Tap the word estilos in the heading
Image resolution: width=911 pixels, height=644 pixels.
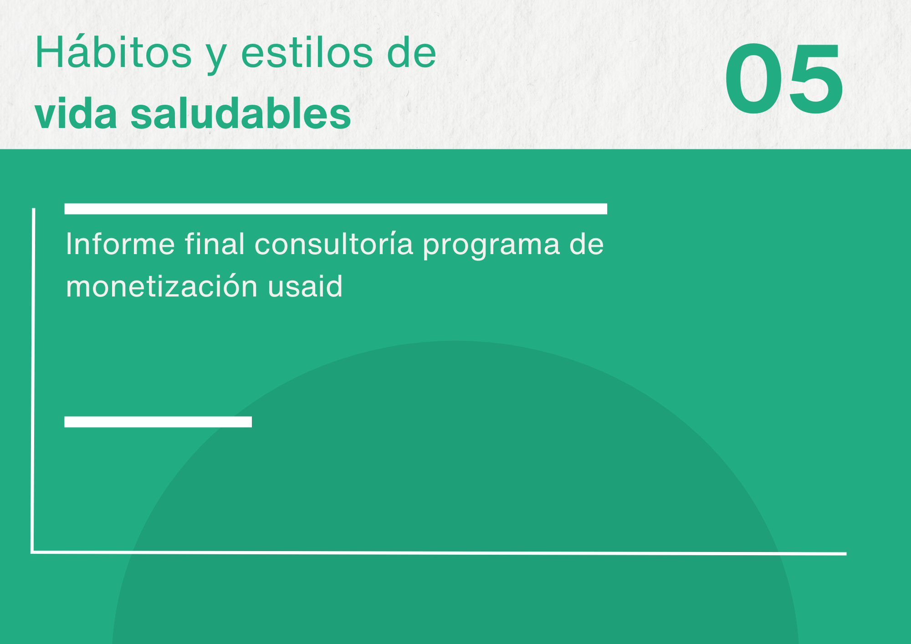[307, 53]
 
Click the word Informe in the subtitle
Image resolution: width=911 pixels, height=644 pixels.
[120, 244]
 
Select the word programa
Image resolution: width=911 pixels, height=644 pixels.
[491, 246]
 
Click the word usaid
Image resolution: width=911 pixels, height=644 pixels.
[305, 286]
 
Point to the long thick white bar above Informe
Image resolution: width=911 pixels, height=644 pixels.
[336, 209]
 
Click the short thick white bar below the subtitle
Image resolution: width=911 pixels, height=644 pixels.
[158, 422]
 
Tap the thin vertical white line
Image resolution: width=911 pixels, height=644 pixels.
[33, 380]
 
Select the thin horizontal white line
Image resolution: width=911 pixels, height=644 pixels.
[439, 553]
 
